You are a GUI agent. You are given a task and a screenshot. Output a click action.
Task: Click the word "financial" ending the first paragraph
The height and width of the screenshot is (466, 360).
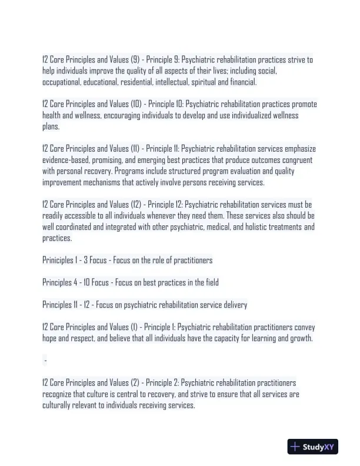click(x=243, y=82)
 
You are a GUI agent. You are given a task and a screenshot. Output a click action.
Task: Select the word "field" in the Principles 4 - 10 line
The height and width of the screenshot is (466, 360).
click(x=211, y=282)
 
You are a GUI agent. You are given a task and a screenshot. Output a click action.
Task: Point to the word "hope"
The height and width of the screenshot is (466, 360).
click(x=50, y=338)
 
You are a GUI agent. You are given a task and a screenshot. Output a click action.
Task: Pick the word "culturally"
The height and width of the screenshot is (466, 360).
click(x=58, y=405)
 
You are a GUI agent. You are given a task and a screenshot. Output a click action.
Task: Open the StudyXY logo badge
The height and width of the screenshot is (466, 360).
click(x=312, y=447)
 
